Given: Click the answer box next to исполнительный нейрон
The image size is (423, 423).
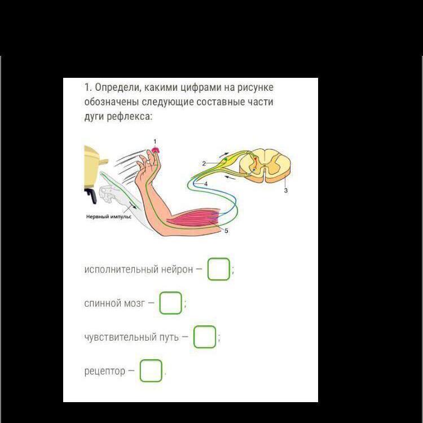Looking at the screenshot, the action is tap(218, 269).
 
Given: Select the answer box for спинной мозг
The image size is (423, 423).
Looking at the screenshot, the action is tap(170, 303).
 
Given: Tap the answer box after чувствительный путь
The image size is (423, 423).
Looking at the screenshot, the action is tap(205, 337).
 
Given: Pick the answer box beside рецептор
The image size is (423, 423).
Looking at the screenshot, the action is tap(151, 371).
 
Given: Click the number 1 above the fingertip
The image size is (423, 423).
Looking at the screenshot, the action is tap(155, 142).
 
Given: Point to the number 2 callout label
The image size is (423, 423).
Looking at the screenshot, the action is tap(204, 164).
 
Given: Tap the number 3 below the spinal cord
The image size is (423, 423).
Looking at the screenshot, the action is tap(286, 191).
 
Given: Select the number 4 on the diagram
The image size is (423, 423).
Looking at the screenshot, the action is tap(206, 184).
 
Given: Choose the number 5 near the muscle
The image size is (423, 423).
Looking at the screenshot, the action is tap(226, 231).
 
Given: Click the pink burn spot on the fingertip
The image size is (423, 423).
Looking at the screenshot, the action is tap(156, 149).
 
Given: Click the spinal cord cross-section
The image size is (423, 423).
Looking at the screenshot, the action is tap(265, 165).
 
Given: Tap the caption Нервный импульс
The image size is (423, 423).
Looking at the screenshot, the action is tap(109, 217).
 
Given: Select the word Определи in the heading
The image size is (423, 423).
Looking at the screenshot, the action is tap(117, 87).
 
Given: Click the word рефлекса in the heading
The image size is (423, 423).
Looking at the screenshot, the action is tap(130, 117).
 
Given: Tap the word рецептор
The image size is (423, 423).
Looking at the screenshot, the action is tap(105, 371).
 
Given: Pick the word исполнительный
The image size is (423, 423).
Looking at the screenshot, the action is tap(121, 269).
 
